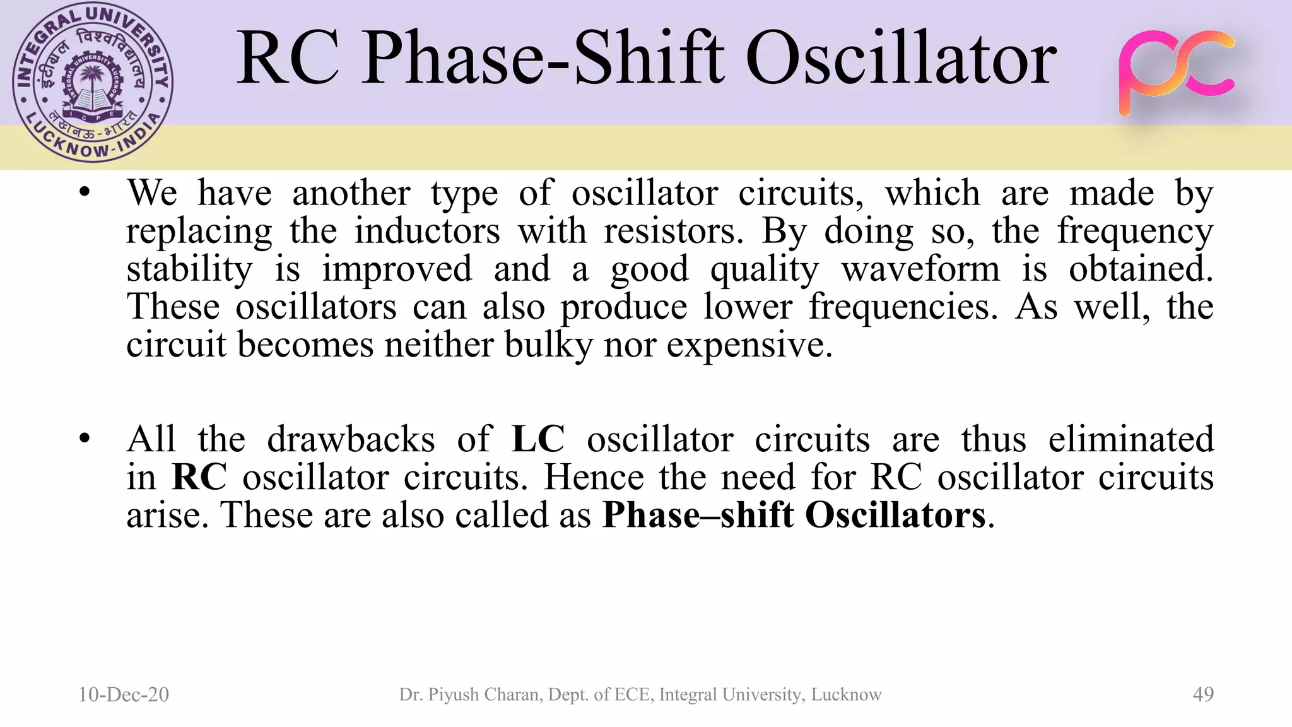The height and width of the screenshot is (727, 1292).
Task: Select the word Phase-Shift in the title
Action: [543, 59]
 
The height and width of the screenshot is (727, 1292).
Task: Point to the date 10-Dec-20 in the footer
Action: [124, 694]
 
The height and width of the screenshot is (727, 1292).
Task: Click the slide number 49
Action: [1203, 694]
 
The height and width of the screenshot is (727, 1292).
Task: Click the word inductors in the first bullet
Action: [427, 231]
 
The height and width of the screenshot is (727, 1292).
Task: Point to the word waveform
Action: [921, 269]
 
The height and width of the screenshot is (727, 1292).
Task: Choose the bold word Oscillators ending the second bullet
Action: [895, 515]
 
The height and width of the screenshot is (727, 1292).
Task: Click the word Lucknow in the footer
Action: [846, 694]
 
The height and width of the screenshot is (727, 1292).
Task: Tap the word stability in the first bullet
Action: [189, 269]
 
